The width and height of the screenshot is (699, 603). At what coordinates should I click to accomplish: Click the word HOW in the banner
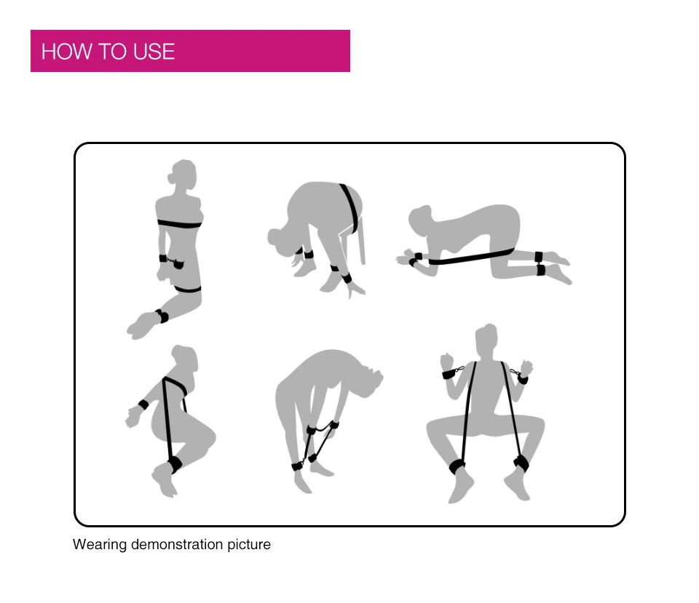pyautogui.click(x=67, y=52)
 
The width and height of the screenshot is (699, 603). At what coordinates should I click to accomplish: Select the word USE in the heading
pyautogui.click(x=154, y=52)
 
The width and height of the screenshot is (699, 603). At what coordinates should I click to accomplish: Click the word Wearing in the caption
pyautogui.click(x=100, y=545)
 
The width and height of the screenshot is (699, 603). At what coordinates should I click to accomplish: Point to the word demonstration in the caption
pyautogui.click(x=176, y=544)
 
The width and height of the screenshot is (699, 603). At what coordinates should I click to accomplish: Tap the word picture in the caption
pyautogui.click(x=249, y=545)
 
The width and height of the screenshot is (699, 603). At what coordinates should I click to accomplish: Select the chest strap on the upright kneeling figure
pyautogui.click(x=180, y=223)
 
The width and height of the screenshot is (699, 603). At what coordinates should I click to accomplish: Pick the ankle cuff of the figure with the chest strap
pyautogui.click(x=162, y=316)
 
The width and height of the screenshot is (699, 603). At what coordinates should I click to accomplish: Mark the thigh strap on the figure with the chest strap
pyautogui.click(x=188, y=289)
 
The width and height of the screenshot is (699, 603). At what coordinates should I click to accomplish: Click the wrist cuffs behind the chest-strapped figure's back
pyautogui.click(x=172, y=263)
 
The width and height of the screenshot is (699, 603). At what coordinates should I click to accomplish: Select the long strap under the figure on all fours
pyautogui.click(x=471, y=257)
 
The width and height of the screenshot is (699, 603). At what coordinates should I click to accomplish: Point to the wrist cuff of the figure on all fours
pyautogui.click(x=416, y=259)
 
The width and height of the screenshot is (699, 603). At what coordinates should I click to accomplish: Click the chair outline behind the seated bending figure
pyautogui.click(x=355, y=241)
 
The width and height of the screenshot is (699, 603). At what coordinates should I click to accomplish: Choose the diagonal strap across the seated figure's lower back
pyautogui.click(x=350, y=207)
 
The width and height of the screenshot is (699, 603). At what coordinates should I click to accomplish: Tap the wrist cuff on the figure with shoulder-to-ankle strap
pyautogui.click(x=143, y=404)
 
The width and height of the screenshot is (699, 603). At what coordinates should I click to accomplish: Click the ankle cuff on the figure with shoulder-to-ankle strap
pyautogui.click(x=174, y=464)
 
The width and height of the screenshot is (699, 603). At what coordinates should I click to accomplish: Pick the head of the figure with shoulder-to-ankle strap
pyautogui.click(x=186, y=358)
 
